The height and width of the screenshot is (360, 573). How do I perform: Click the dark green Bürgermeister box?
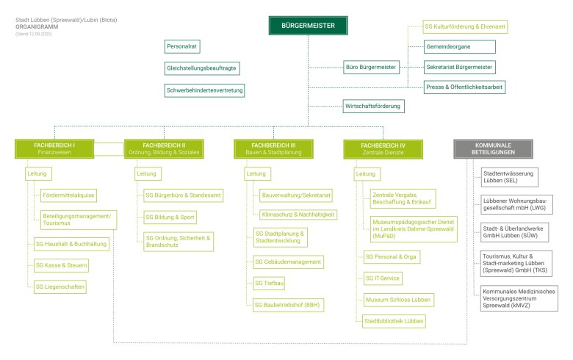(308, 26)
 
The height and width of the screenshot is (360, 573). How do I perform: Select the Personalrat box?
(182, 46)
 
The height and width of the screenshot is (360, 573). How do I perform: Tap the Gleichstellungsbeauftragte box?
(202, 68)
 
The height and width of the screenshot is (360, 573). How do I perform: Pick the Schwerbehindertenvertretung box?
(205, 90)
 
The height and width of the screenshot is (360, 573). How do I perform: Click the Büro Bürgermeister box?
(371, 68)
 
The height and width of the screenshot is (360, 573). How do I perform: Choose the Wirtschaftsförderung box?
(373, 107)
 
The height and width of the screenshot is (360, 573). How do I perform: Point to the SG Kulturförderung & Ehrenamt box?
(465, 26)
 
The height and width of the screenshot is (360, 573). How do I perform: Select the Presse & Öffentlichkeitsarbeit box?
(464, 87)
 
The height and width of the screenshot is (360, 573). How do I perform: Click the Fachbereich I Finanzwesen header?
(54, 148)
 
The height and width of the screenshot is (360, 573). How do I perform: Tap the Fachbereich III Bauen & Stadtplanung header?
(274, 148)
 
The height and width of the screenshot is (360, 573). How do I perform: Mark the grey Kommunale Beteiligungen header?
(494, 148)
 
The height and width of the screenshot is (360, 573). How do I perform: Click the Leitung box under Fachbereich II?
(148, 173)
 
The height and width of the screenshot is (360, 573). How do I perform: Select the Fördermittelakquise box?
(68, 195)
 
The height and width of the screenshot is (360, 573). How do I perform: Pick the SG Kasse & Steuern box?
(62, 265)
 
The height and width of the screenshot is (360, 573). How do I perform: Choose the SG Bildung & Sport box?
(170, 217)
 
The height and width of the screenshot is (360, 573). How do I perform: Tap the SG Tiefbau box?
(269, 284)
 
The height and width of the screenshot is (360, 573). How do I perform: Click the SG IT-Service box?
(383, 278)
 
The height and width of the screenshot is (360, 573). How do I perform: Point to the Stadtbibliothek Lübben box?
(394, 321)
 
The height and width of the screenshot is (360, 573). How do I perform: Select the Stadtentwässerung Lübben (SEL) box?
(509, 177)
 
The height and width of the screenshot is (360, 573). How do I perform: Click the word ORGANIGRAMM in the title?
(37, 26)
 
